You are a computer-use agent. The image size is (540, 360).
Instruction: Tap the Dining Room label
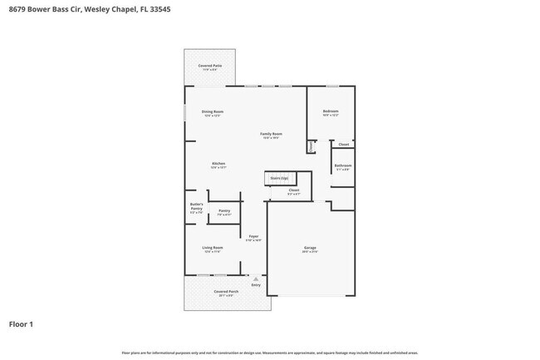click(213, 111)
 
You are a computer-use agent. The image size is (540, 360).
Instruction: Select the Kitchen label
click(218, 164)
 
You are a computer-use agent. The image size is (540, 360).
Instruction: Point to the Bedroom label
click(331, 111)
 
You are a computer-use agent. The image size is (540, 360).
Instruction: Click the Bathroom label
click(343, 165)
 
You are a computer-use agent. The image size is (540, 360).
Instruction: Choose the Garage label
click(310, 247)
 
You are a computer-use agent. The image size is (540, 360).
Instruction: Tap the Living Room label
click(213, 248)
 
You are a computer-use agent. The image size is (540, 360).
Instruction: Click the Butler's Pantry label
click(197, 205)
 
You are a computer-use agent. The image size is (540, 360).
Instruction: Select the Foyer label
click(253, 236)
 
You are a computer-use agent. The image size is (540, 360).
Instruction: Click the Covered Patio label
click(209, 66)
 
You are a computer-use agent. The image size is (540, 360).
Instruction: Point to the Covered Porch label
click(226, 292)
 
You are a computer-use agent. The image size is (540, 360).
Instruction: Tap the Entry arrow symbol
click(256, 279)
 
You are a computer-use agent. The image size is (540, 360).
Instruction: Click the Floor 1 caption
click(22, 323)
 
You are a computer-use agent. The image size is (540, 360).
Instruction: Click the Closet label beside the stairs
click(293, 190)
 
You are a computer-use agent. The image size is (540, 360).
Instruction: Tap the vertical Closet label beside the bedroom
click(311, 146)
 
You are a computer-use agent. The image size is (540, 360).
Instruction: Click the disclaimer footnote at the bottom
click(270, 353)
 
